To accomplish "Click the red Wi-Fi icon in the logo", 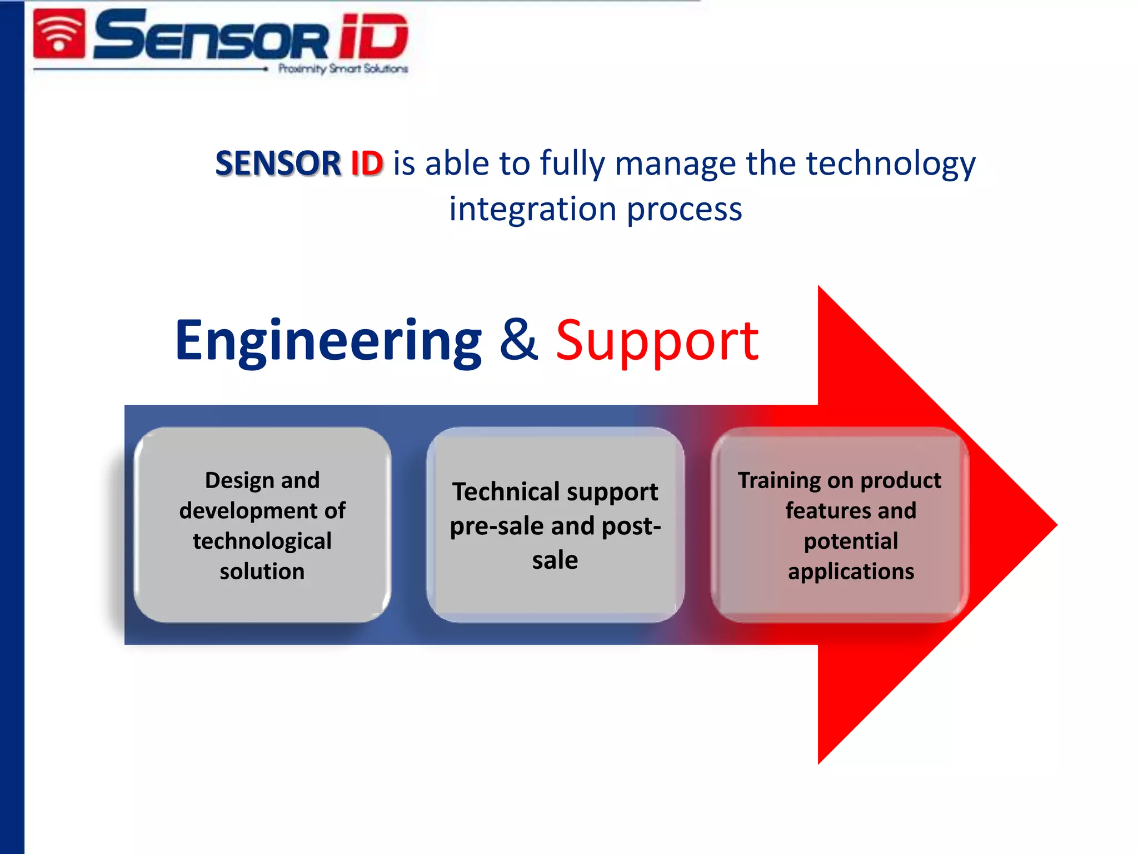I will click(x=59, y=34).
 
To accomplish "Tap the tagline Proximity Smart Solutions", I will click(x=343, y=69).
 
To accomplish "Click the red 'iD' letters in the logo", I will click(x=373, y=37).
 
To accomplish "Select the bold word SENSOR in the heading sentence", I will click(x=278, y=163).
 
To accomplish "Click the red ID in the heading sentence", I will click(x=367, y=163).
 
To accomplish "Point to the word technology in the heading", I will click(x=890, y=165).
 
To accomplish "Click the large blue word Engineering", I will click(x=328, y=341).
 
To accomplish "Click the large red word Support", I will click(x=657, y=341).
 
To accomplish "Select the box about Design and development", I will click(x=262, y=525).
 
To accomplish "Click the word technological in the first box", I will click(x=262, y=541).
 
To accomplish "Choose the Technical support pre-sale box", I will click(x=555, y=525).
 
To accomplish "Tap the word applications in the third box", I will click(x=851, y=572).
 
